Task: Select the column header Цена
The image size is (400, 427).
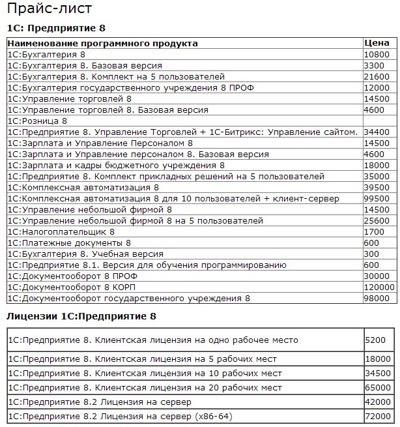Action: point(375,43)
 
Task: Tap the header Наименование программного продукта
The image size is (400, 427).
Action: point(102,43)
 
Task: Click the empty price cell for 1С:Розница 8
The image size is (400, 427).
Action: point(379,121)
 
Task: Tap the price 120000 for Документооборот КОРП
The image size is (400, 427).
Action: point(380,287)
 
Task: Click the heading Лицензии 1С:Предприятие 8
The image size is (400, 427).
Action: point(81,316)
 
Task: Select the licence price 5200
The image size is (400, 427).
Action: point(375,340)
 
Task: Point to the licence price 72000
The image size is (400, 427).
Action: point(377,416)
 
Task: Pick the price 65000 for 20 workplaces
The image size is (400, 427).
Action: point(377,387)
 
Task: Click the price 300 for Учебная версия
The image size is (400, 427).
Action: point(372,254)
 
